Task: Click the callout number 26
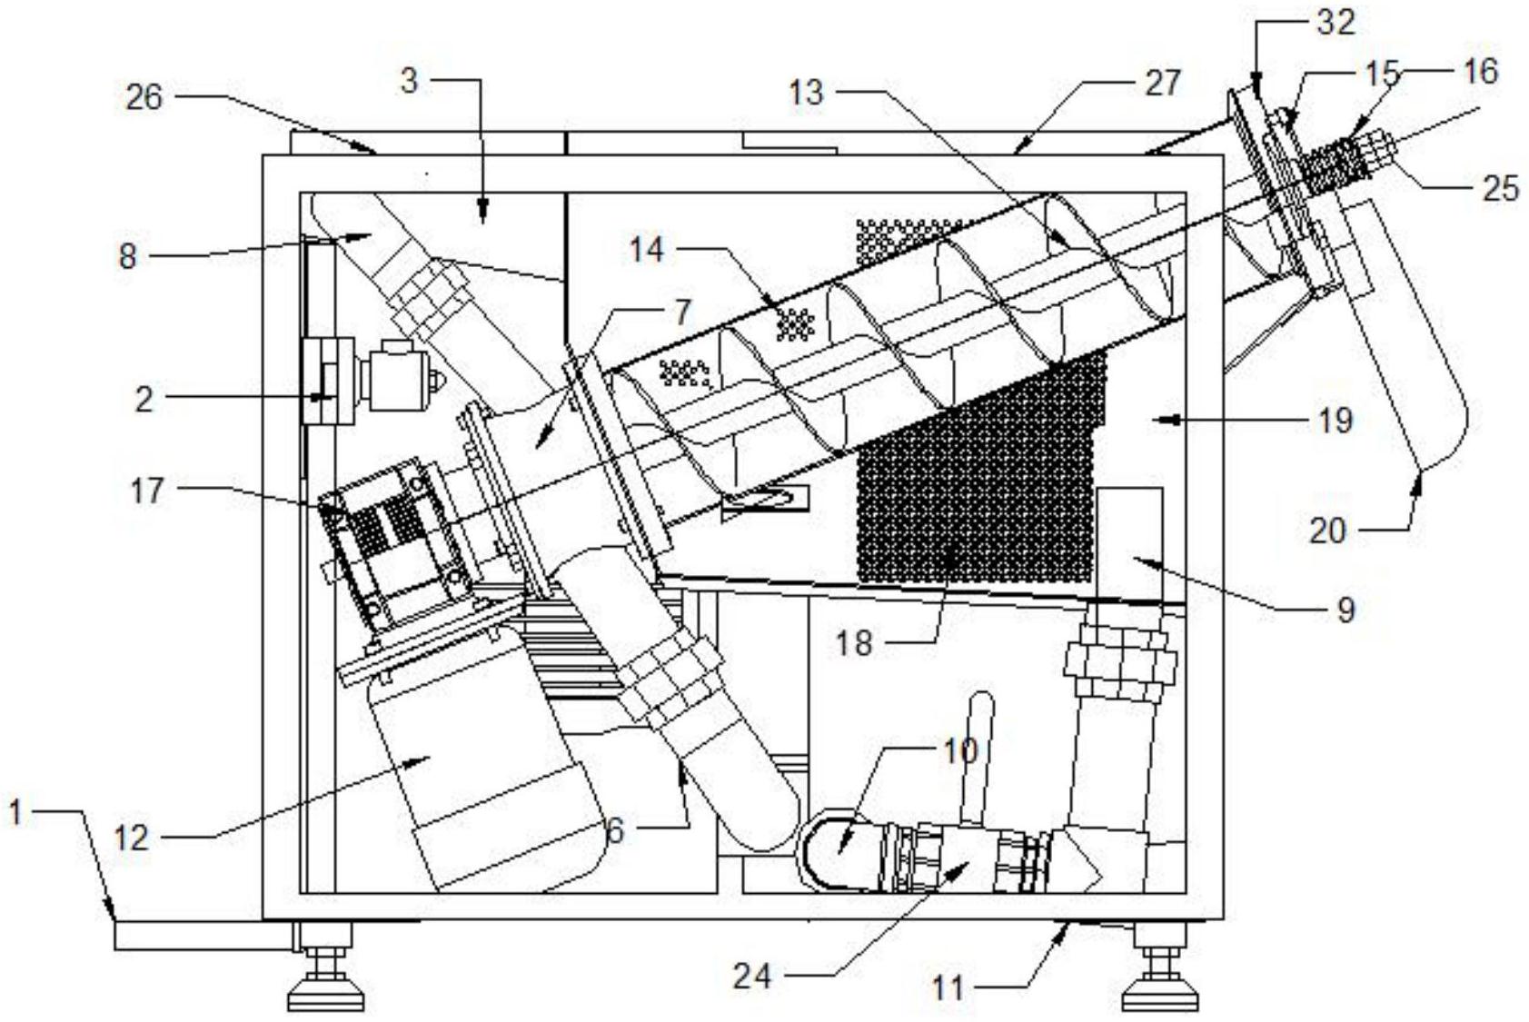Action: coord(144,96)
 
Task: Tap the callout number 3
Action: coord(410,81)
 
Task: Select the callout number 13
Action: coord(806,92)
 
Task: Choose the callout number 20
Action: coord(1327,530)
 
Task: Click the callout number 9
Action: coord(1345,609)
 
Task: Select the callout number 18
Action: coord(853,643)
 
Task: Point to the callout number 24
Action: coord(752,977)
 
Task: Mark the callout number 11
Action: coord(948,987)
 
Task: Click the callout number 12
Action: coord(132,837)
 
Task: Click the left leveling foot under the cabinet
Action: coord(326,985)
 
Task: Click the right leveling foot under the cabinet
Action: coord(1160,985)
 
